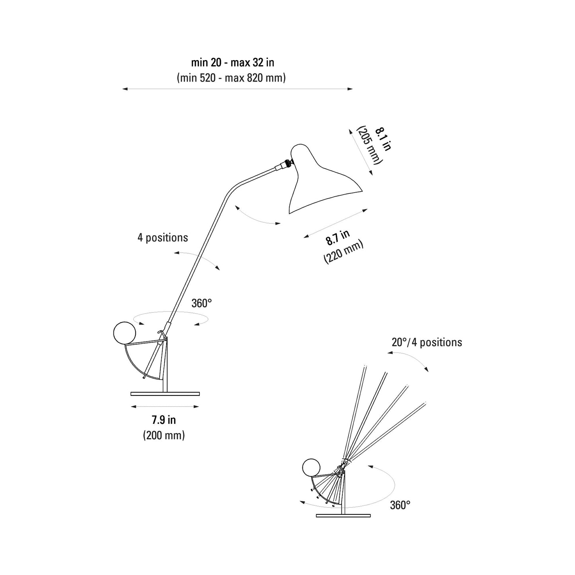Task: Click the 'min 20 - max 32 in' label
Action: (232, 62)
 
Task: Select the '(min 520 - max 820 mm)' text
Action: (231, 78)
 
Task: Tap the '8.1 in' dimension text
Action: (384, 139)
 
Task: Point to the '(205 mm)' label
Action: (370, 145)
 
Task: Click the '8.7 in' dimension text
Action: (338, 238)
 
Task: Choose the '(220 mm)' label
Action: (344, 252)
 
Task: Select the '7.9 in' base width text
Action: (164, 420)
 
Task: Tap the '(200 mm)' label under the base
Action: (164, 435)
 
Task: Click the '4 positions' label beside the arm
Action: (163, 238)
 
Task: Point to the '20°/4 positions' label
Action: (427, 342)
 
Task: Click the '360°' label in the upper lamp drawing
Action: (202, 304)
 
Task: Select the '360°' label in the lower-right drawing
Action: (400, 505)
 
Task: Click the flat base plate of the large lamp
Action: (165, 394)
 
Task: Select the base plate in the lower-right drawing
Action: (343, 516)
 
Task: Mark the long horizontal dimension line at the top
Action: (238, 89)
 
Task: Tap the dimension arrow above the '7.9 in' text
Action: (165, 407)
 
